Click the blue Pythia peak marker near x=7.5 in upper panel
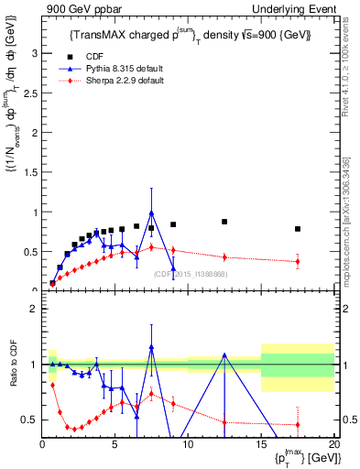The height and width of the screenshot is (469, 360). point(151,213)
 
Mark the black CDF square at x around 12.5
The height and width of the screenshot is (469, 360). point(224,222)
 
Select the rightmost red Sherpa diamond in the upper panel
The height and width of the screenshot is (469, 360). point(298,262)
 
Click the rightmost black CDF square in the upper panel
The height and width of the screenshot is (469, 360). point(298,229)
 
